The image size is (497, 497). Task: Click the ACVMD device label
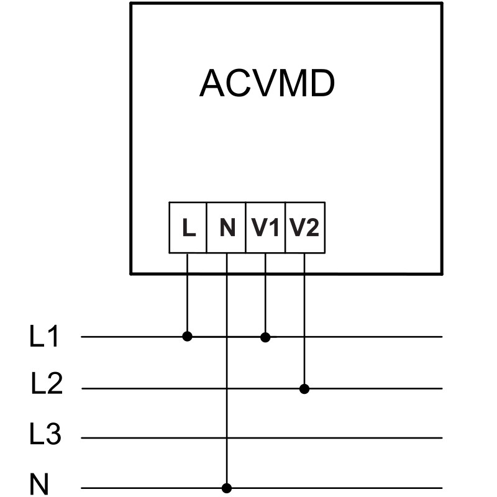pyautogui.click(x=267, y=84)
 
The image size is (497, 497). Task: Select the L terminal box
pyautogui.click(x=188, y=228)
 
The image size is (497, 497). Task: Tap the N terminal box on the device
pyautogui.click(x=227, y=228)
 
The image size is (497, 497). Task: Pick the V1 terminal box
pyautogui.click(x=265, y=228)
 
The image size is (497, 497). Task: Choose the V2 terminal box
pyautogui.click(x=304, y=228)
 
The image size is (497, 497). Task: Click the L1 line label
pyautogui.click(x=44, y=337)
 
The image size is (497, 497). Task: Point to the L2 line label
pyautogui.click(x=47, y=386)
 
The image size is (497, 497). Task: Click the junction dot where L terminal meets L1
pyautogui.click(x=188, y=337)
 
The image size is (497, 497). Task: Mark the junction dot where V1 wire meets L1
pyautogui.click(x=265, y=337)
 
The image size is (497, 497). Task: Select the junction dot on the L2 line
pyautogui.click(x=304, y=389)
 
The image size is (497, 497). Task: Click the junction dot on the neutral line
pyautogui.click(x=227, y=488)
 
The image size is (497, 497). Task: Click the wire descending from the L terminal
pyautogui.click(x=188, y=295)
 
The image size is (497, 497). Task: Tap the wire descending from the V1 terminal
pyautogui.click(x=265, y=295)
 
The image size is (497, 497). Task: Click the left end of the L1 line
pyautogui.click(x=83, y=337)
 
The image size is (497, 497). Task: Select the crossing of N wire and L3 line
pyautogui.click(x=227, y=438)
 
